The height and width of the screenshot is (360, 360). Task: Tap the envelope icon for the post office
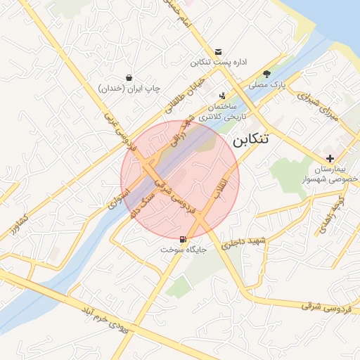[218, 52]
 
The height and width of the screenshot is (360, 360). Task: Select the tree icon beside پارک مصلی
[266, 74]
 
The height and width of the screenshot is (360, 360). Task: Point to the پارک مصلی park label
[268, 85]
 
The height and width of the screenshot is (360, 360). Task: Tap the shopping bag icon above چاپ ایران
[129, 77]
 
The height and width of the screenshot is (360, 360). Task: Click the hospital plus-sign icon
[330, 158]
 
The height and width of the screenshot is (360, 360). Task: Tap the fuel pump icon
[184, 239]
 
